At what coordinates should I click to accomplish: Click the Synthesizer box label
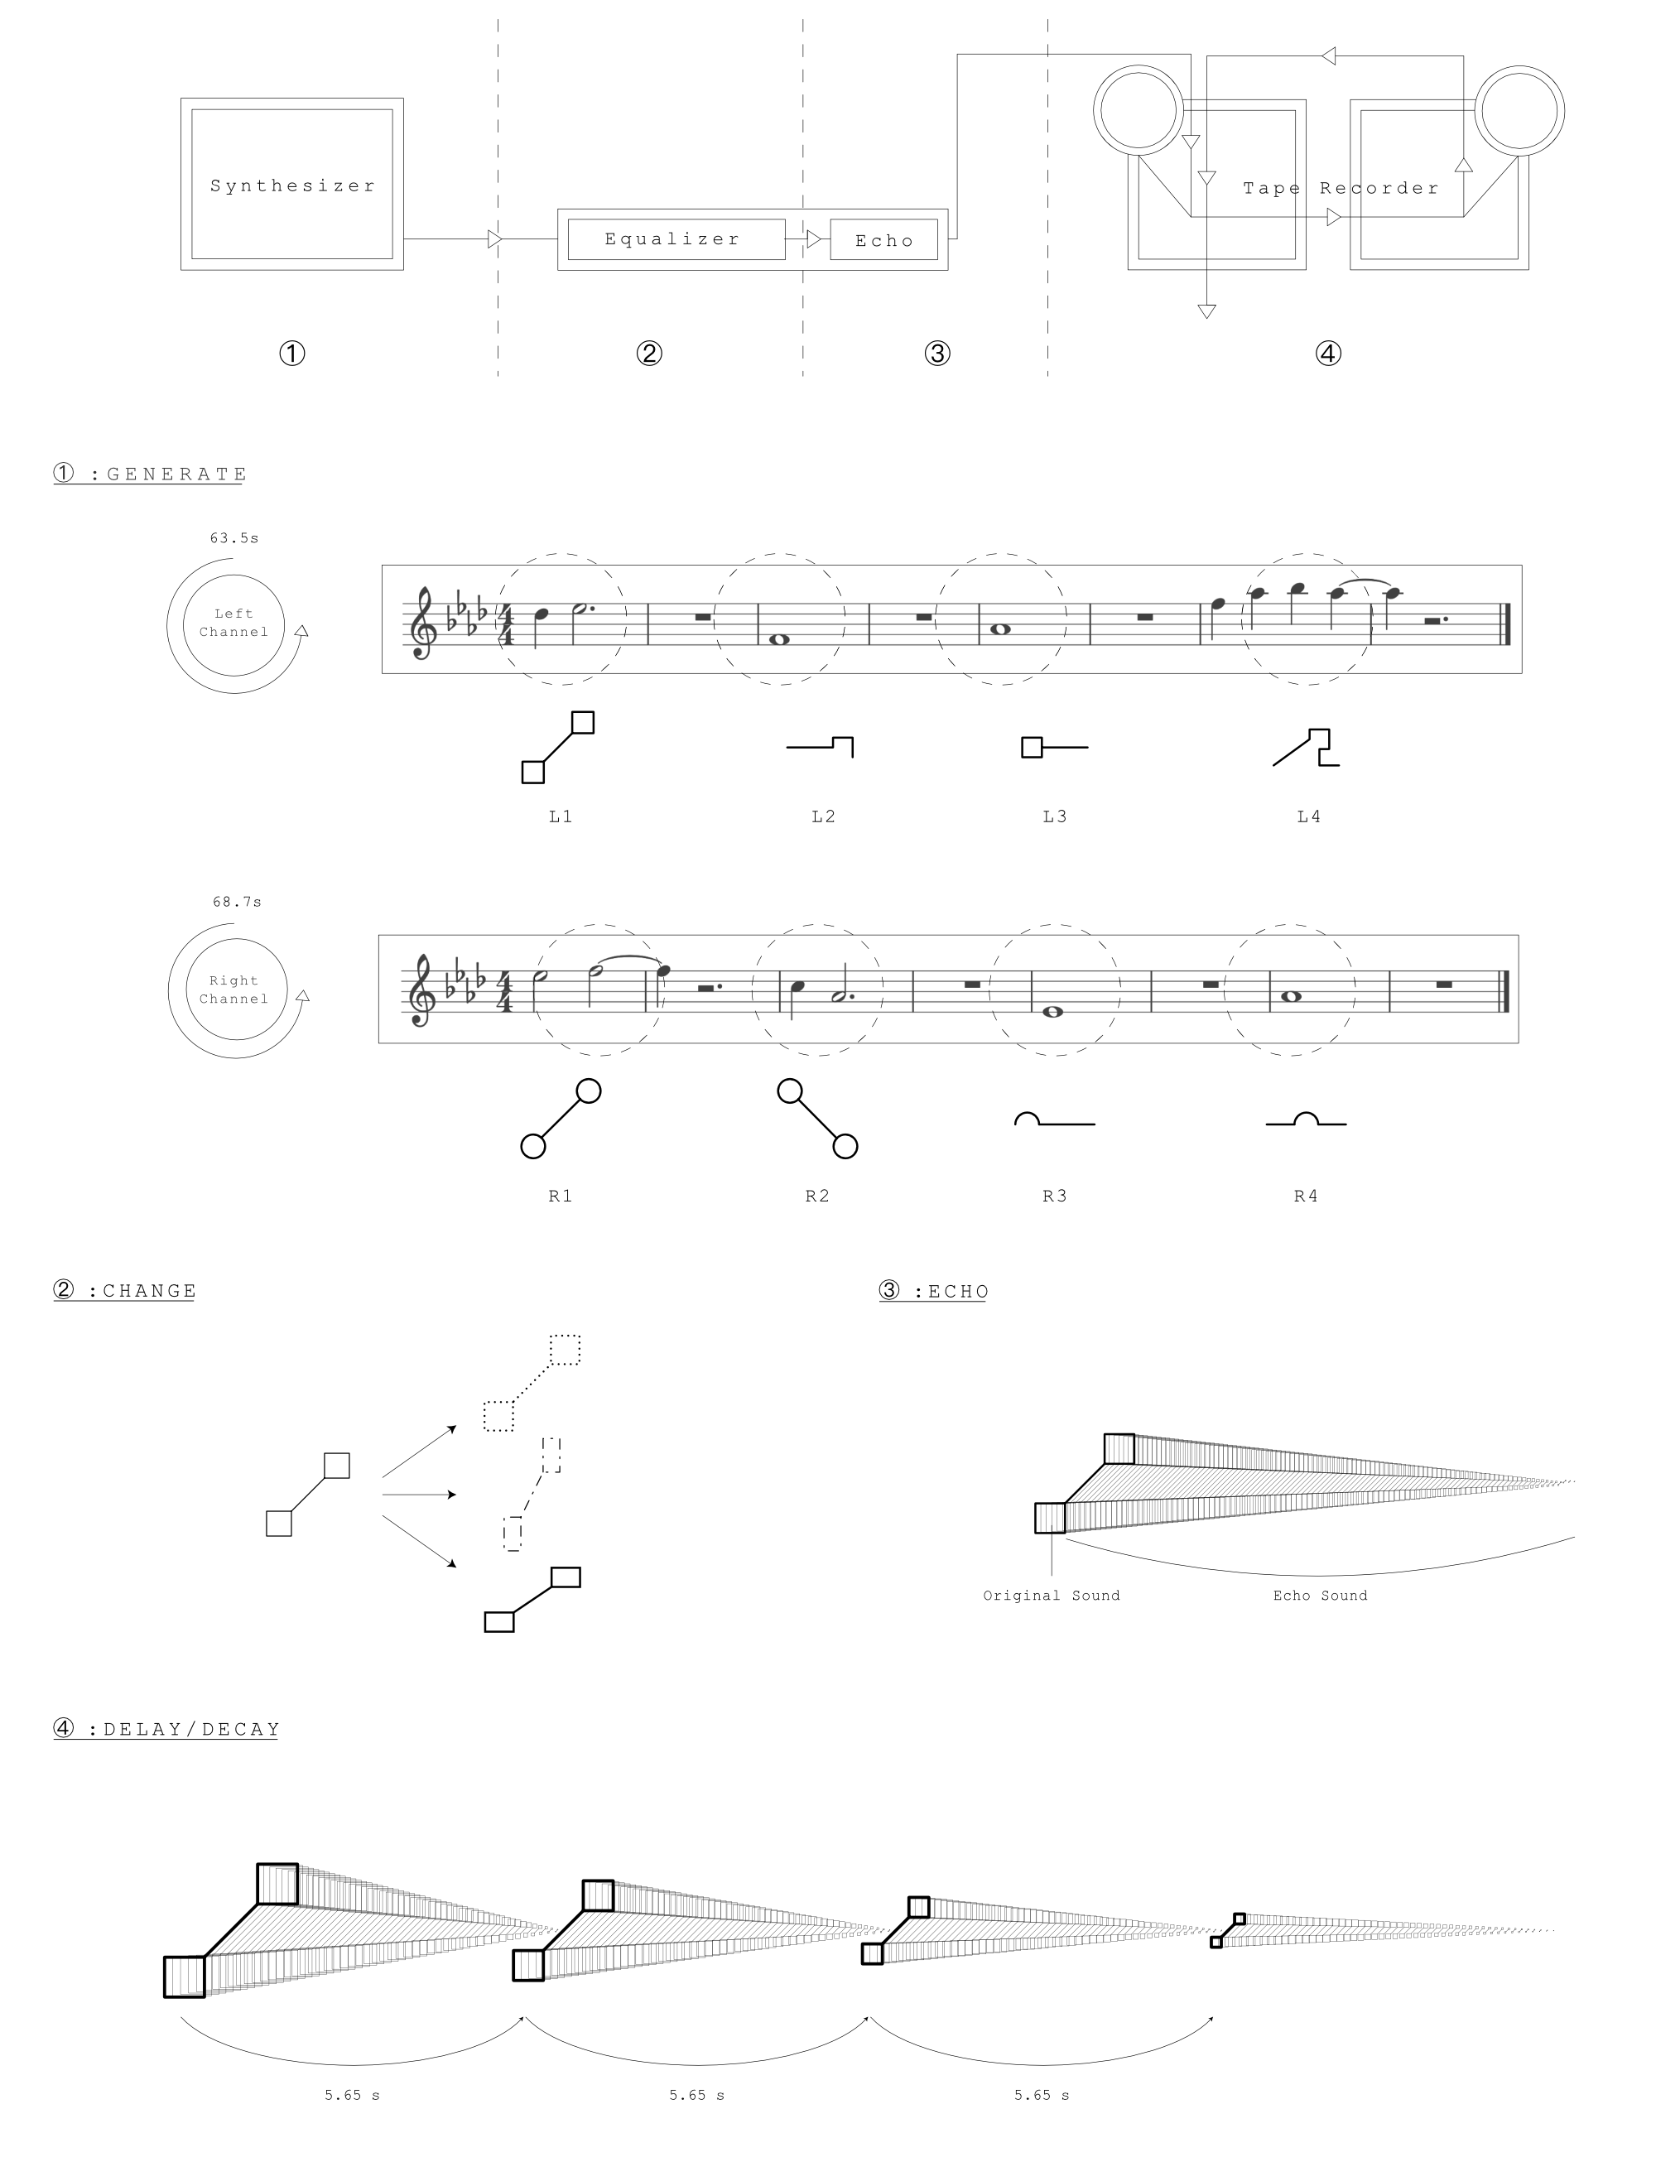293,185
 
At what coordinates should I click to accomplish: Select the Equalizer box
676,239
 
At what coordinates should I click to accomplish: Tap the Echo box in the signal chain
884,241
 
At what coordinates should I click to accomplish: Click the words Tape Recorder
1341,188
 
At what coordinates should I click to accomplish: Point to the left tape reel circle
1138,66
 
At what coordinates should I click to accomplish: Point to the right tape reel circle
1519,66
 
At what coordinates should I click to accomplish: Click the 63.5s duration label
234,538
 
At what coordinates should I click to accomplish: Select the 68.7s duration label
238,902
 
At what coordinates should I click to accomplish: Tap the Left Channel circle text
233,623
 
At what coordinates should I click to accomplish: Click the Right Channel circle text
233,990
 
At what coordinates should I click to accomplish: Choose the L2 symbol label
824,816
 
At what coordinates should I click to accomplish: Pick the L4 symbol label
1309,816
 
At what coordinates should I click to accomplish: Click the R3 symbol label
1055,1196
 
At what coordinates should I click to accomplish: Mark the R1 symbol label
561,1196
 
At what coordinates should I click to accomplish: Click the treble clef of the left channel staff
423,623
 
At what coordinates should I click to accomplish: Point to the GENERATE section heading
150,474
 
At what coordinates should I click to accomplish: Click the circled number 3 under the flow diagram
937,353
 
